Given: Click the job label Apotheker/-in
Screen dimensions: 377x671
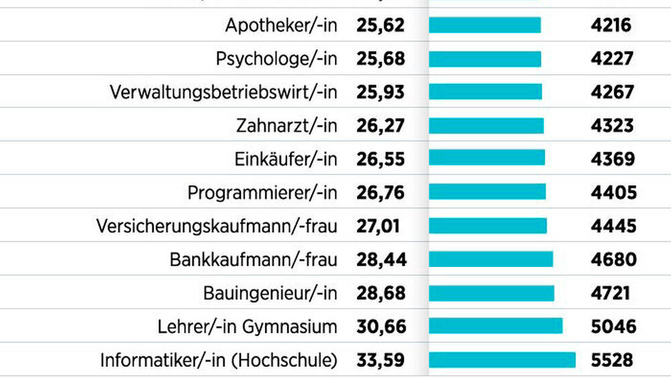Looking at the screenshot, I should tap(280, 25).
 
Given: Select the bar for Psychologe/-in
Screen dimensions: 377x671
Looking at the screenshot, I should tap(484, 59).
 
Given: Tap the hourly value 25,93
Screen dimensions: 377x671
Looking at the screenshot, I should tap(380, 92).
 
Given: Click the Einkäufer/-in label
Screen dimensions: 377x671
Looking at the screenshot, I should tap(286, 159).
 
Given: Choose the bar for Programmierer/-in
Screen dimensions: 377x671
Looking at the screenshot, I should tap(487, 193).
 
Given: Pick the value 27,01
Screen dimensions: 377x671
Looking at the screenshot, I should tap(378, 225).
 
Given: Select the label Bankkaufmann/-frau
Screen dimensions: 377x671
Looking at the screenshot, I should tap(253, 259).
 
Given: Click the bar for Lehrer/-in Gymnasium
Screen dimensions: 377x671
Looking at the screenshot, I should tap(495, 326).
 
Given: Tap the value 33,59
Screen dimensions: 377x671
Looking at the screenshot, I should tap(380, 360).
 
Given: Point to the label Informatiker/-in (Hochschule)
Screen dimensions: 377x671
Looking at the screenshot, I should tap(218, 360).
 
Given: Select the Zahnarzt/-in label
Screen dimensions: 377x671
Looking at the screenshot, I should tap(286, 125).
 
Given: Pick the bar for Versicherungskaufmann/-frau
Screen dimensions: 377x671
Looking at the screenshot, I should tap(488, 225).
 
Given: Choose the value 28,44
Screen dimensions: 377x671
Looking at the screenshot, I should tap(380, 259).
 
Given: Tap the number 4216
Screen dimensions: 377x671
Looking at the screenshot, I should tap(610, 25).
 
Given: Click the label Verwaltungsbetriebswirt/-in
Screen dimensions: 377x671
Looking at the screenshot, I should tap(223, 92).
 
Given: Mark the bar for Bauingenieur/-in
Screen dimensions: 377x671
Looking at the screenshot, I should tap(491, 292).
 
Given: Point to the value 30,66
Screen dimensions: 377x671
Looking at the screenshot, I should tap(380, 326).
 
